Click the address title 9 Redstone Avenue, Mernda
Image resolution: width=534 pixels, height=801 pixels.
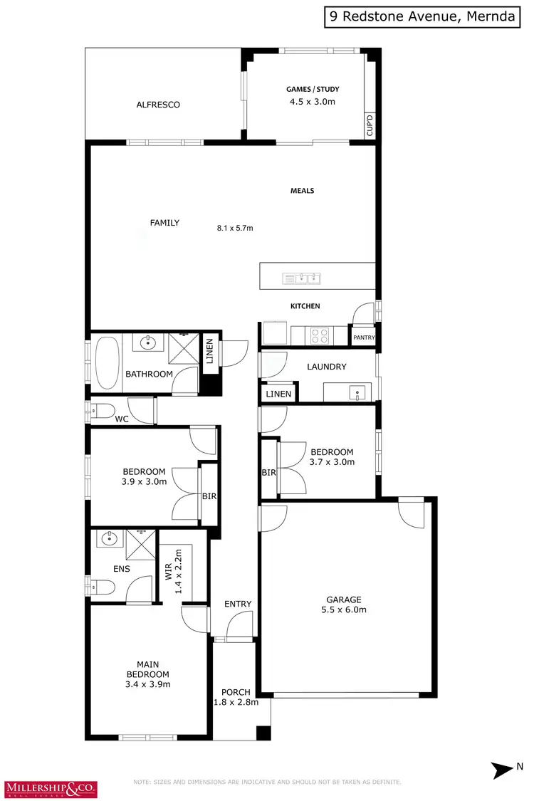point(422,17)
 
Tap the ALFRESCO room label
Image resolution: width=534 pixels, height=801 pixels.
point(158,105)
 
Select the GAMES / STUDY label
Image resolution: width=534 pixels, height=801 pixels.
point(313,89)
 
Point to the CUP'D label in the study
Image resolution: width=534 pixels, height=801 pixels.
point(370,125)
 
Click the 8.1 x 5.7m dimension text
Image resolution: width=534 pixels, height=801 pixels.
point(235,229)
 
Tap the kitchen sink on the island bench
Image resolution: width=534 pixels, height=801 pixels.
point(302,278)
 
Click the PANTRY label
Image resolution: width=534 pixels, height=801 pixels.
point(364,338)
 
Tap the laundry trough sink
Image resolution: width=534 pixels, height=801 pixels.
point(357,392)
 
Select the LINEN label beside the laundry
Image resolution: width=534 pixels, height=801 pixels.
point(278,394)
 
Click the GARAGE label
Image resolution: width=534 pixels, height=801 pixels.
point(344,600)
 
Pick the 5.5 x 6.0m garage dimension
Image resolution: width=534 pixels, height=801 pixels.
point(344,610)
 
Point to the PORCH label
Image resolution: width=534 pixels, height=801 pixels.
point(236,692)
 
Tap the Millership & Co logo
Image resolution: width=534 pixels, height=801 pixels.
point(51,789)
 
